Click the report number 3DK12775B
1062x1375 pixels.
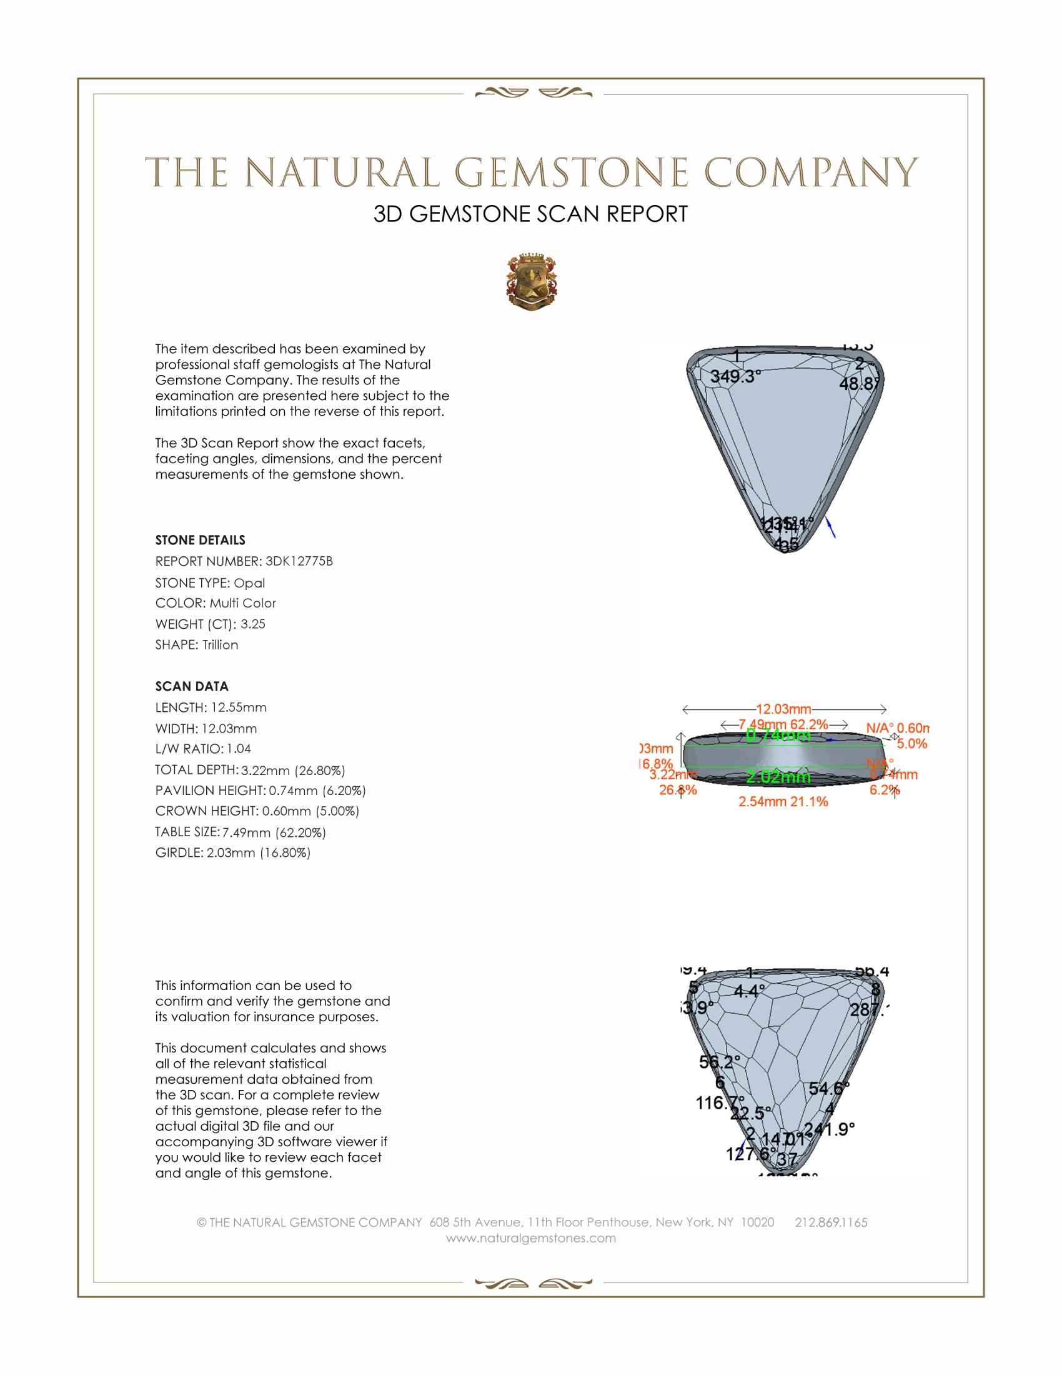pyautogui.click(x=299, y=561)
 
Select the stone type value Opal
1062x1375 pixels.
pyautogui.click(x=249, y=583)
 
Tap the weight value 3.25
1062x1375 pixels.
pyautogui.click(x=253, y=624)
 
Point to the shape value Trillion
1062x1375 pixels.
pyautogui.click(x=220, y=645)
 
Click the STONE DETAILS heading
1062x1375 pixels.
pyautogui.click(x=200, y=540)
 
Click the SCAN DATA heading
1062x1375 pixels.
pyautogui.click(x=192, y=686)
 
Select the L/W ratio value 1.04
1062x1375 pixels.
pyautogui.click(x=239, y=749)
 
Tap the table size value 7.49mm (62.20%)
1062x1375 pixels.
pyautogui.click(x=274, y=832)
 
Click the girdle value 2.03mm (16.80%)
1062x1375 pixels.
pyautogui.click(x=259, y=852)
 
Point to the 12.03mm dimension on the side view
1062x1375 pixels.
pyautogui.click(x=783, y=709)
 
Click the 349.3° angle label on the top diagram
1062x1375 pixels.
pyautogui.click(x=735, y=376)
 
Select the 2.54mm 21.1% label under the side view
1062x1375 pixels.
pyautogui.click(x=783, y=801)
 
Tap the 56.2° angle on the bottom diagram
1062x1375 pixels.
pyautogui.click(x=720, y=1062)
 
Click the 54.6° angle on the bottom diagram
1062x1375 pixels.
pyautogui.click(x=828, y=1088)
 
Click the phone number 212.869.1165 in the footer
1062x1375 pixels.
pyautogui.click(x=830, y=1222)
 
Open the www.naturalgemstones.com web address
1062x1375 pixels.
pyautogui.click(x=531, y=1237)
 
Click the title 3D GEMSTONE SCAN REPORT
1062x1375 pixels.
pyautogui.click(x=530, y=214)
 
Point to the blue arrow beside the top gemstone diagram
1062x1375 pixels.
pyautogui.click(x=831, y=527)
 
